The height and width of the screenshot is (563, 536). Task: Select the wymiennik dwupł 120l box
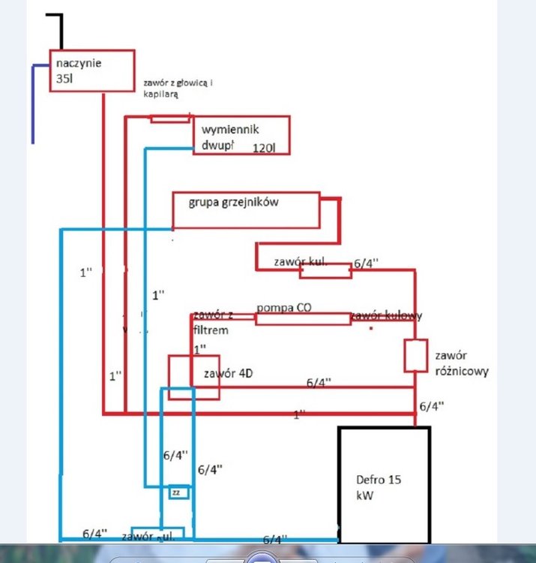[x=240, y=135]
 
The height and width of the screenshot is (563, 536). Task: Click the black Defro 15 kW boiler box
[x=385, y=484]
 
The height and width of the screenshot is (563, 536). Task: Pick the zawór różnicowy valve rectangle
[x=415, y=356]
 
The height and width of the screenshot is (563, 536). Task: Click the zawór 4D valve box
[x=193, y=377]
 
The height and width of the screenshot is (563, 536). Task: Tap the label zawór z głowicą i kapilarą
[x=177, y=89]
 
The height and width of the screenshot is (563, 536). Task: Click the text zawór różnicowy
[x=460, y=363]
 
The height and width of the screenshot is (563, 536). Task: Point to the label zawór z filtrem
[x=211, y=322]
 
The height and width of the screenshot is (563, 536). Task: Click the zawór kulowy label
[x=387, y=316]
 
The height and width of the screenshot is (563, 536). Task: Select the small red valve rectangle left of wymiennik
[x=170, y=118]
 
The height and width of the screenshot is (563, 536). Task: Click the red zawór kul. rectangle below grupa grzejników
[x=325, y=271]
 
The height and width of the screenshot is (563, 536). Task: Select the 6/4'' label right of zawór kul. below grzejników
[x=366, y=264]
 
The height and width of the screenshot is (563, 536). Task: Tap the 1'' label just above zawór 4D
[x=200, y=349]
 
